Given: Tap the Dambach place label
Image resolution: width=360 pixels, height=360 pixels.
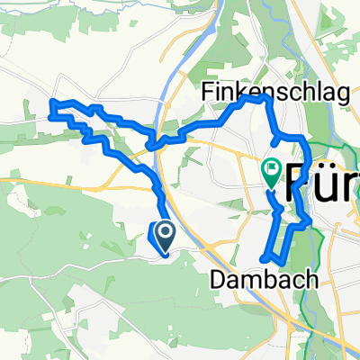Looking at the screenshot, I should [x=264, y=280].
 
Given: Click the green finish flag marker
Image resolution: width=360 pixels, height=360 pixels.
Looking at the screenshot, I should [x=271, y=169].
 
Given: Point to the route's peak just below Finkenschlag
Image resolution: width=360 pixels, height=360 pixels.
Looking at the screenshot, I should [x=263, y=100].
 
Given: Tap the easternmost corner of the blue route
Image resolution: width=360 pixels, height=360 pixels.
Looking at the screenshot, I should [x=310, y=218].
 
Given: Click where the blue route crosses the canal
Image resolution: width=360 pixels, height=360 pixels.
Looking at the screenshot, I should [x=157, y=143].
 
